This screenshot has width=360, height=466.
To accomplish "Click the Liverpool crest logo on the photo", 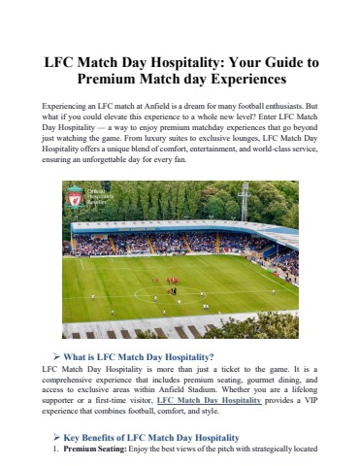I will [74, 199].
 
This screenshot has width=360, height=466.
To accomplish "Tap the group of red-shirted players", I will [172, 283].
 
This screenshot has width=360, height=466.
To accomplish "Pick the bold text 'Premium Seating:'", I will [93, 451].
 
